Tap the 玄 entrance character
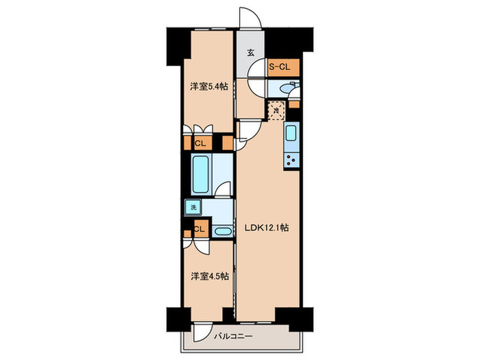coord(251,53)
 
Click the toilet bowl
coord(291,88)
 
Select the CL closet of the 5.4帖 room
coord(201,143)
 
